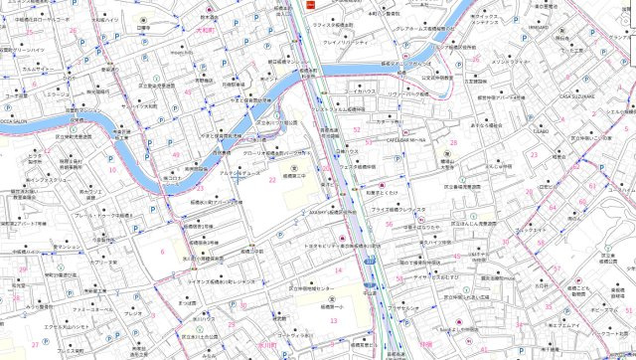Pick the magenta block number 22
pos(270,181)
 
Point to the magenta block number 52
pos(370,144)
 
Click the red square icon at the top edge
pos(310,4)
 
